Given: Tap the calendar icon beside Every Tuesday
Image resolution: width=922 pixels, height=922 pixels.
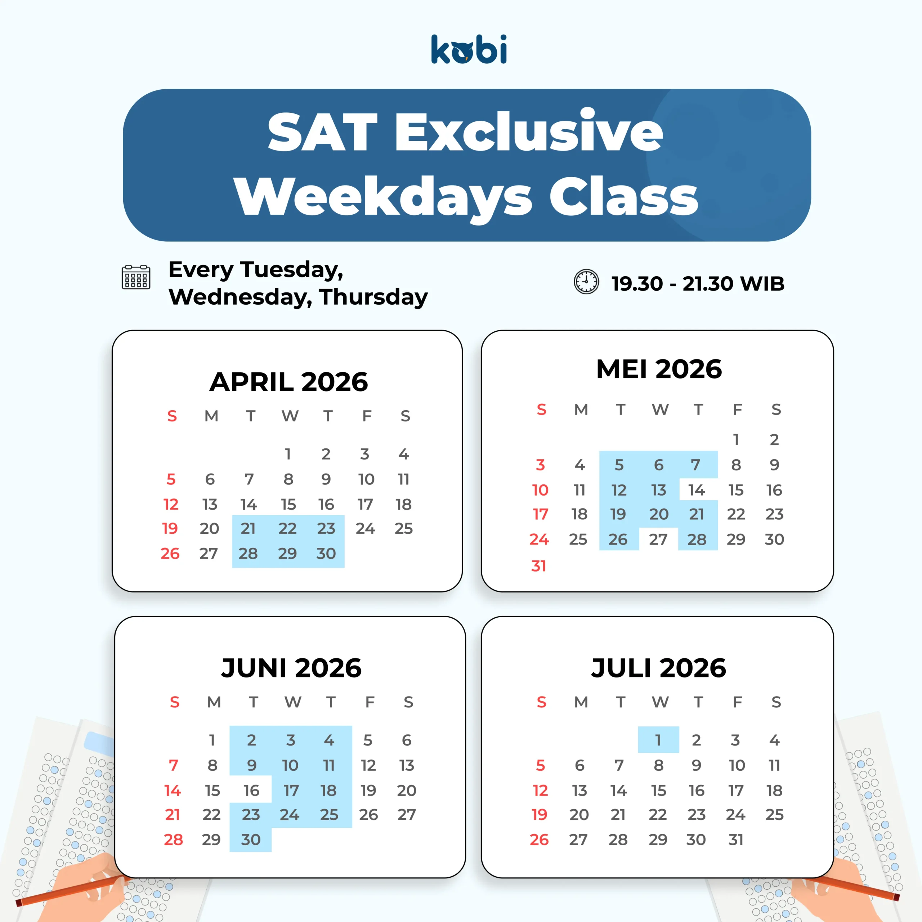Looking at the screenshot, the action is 136,277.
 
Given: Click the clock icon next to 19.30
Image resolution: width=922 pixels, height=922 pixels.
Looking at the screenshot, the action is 586,282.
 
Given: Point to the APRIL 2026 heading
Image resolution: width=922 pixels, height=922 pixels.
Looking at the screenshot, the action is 289,382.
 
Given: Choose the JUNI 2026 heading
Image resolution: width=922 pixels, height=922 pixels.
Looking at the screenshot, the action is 291,668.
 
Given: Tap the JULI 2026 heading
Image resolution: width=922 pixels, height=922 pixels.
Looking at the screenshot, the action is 659,668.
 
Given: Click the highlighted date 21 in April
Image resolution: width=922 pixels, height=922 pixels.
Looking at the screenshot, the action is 248,528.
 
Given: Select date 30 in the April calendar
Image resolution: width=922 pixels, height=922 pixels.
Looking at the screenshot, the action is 326,554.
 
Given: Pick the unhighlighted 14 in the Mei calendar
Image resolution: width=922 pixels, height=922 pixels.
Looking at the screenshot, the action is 696,490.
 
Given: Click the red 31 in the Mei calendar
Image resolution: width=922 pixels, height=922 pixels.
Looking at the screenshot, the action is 538,566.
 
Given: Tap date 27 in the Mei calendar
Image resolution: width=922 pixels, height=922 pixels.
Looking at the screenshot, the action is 658,539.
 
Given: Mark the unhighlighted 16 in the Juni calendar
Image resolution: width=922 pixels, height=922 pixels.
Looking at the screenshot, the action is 251,791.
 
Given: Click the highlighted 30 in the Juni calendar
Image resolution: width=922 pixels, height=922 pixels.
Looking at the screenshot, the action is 251,840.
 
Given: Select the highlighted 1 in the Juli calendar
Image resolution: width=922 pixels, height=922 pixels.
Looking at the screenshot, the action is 658,740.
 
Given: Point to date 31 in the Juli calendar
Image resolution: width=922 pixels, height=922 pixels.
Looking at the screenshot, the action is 736,840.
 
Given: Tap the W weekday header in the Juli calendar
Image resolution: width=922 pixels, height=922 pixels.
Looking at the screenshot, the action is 660,702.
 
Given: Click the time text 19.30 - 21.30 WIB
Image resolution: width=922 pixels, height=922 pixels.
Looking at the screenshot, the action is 698,283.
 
